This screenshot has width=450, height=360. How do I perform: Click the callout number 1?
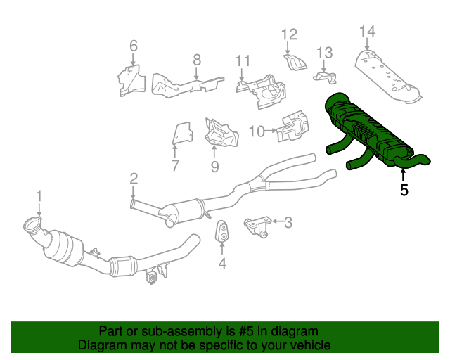click(39, 196)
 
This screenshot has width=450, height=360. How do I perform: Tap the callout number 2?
click(133, 179)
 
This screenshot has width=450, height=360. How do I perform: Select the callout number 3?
click(288, 223)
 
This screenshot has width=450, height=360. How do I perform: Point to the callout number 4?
click(222, 264)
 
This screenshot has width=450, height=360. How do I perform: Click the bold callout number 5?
click(404, 189)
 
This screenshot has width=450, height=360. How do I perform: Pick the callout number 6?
click(133, 46)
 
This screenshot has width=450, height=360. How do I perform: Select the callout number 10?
click(256, 131)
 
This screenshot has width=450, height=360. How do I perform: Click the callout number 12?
click(290, 34)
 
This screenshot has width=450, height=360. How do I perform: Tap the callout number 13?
click(323, 52)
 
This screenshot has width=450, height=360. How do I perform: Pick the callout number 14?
click(367, 31)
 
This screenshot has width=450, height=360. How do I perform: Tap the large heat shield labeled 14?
click(387, 74)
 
